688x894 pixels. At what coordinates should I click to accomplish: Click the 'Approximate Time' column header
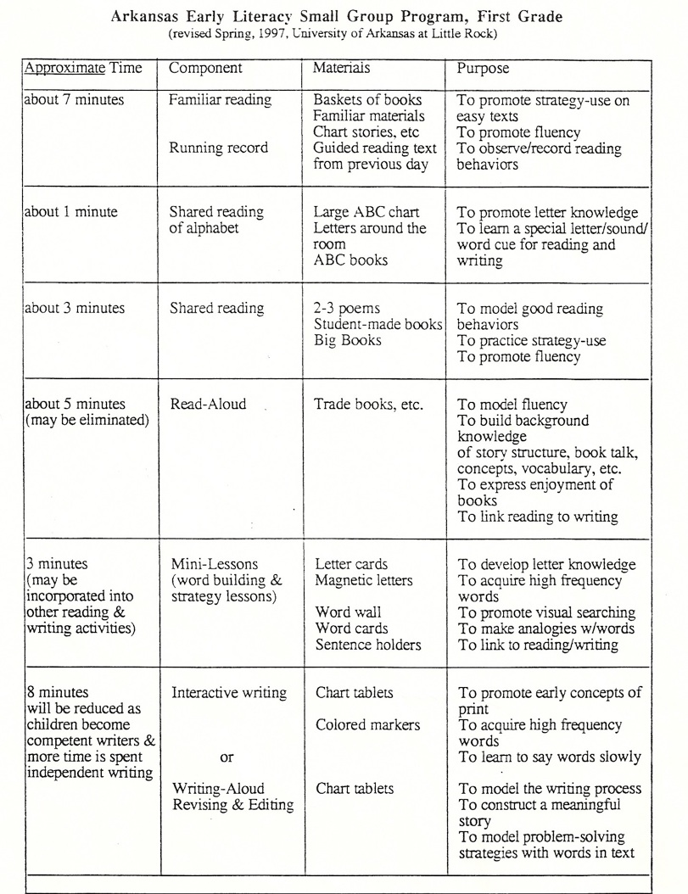(x=83, y=67)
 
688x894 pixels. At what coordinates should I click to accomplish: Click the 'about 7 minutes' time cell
(x=75, y=100)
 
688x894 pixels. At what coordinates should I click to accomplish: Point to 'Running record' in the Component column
(x=218, y=148)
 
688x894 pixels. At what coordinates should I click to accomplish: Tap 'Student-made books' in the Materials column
(x=378, y=325)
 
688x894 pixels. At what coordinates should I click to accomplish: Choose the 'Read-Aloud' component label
(x=209, y=405)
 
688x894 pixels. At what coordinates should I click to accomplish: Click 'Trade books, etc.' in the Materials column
(x=368, y=405)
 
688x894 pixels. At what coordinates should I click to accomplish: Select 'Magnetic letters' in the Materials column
(x=364, y=581)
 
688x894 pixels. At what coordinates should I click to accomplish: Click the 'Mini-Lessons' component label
(x=215, y=564)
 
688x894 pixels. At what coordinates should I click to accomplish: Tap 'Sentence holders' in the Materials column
(x=368, y=645)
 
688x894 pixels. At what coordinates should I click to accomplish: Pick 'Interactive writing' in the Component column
(x=229, y=693)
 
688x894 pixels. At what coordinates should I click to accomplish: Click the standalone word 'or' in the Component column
(x=227, y=757)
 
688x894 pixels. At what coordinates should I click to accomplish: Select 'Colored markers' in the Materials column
(x=367, y=725)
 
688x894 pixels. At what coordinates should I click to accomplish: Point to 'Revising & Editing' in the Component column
(x=232, y=805)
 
